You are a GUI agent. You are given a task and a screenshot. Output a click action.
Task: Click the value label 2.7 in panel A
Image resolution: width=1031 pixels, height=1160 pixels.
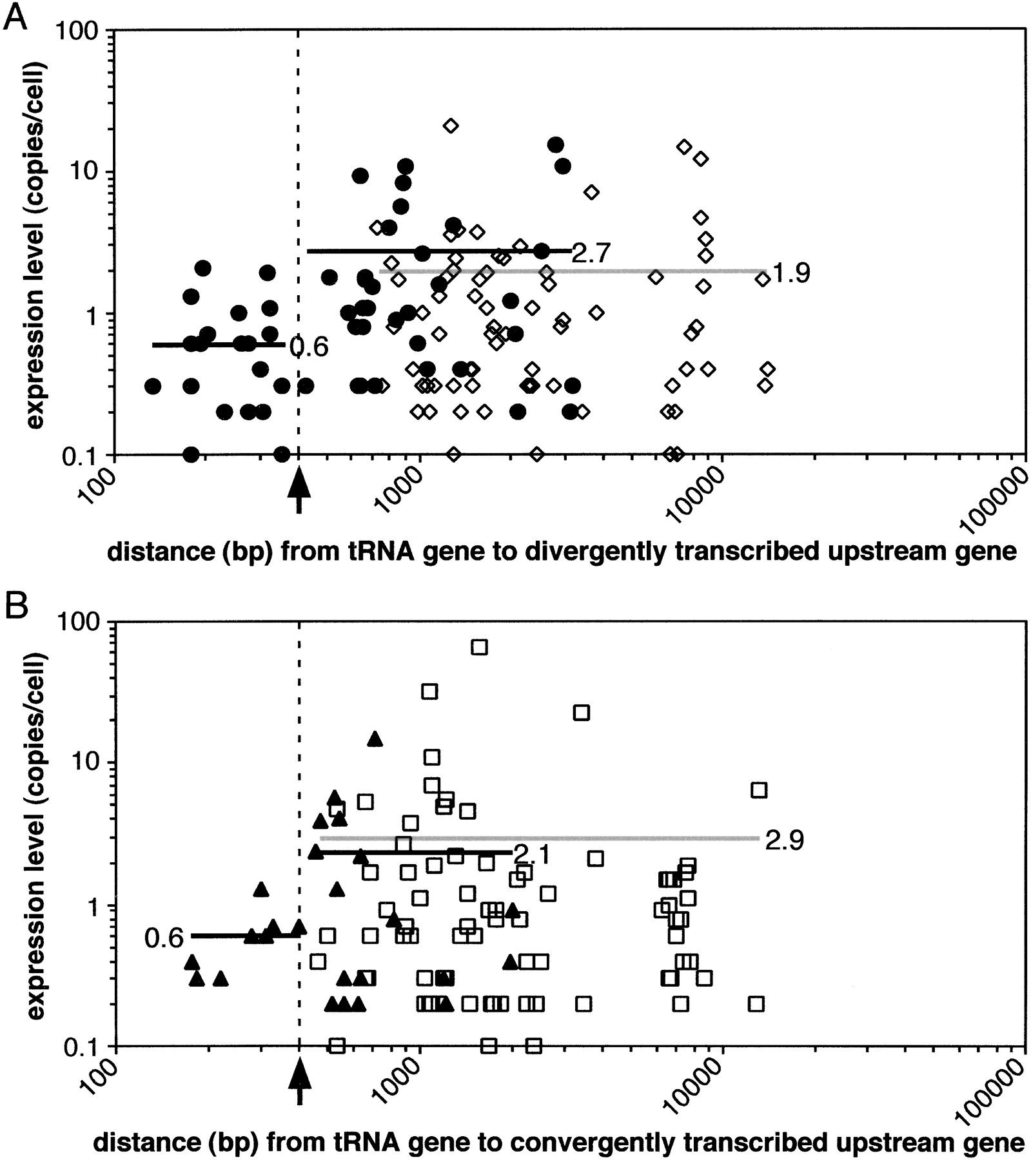(591, 253)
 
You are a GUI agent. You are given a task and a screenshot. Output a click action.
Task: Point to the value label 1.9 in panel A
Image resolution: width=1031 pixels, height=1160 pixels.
(790, 273)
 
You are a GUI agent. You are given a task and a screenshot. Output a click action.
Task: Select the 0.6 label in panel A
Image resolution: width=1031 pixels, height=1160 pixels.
(309, 347)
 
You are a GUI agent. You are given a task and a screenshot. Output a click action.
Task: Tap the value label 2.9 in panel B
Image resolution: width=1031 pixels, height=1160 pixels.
(785, 840)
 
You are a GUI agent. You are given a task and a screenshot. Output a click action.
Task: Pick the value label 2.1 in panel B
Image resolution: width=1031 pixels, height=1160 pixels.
(533, 855)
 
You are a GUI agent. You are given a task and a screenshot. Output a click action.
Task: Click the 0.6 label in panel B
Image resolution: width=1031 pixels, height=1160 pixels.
(164, 938)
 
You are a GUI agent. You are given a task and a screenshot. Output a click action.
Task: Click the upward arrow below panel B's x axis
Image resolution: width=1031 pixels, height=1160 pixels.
(299, 1081)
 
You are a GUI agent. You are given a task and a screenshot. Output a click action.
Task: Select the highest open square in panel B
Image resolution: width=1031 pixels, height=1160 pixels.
(479, 648)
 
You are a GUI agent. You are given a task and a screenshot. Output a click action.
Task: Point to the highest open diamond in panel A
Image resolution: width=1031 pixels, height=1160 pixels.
(451, 126)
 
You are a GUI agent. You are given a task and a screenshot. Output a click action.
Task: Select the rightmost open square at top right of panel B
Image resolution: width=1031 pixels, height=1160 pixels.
(759, 790)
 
